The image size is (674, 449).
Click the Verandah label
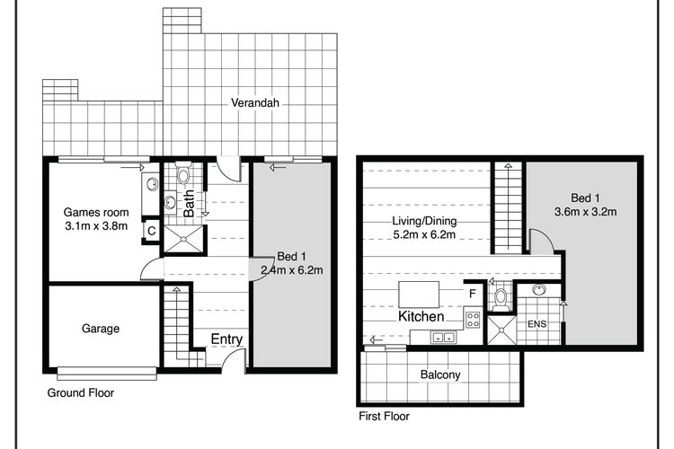(x=255, y=102)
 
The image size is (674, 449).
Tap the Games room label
(x=96, y=212)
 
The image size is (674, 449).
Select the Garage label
(x=101, y=329)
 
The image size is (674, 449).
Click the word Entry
(x=226, y=339)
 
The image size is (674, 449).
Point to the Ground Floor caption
(x=81, y=392)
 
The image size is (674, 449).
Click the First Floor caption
(x=385, y=416)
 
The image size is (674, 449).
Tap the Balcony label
(x=440, y=374)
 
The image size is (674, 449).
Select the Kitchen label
(x=421, y=317)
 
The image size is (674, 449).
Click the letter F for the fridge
(x=473, y=294)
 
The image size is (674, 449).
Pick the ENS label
(x=537, y=324)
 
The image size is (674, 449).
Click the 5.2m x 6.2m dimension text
(x=424, y=234)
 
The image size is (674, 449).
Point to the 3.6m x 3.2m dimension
(x=585, y=212)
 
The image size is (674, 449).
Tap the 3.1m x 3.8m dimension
(x=96, y=226)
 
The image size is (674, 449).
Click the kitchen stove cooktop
(x=473, y=320)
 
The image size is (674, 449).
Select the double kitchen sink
(x=444, y=338)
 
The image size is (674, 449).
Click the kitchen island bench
(x=419, y=295)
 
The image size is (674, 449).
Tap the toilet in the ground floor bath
(x=183, y=173)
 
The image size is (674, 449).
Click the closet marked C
(x=151, y=231)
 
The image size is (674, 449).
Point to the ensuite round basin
(x=539, y=289)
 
